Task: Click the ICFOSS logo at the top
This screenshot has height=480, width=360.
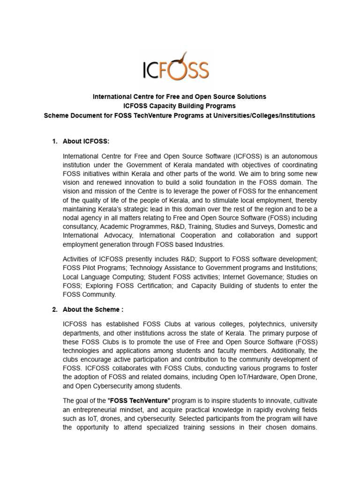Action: (x=176, y=68)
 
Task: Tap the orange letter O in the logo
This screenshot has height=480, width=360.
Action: (x=179, y=70)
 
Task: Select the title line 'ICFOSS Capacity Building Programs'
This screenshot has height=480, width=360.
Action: (x=180, y=106)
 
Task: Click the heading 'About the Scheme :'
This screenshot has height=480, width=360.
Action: (x=93, y=309)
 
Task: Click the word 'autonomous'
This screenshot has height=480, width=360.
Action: (x=297, y=156)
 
